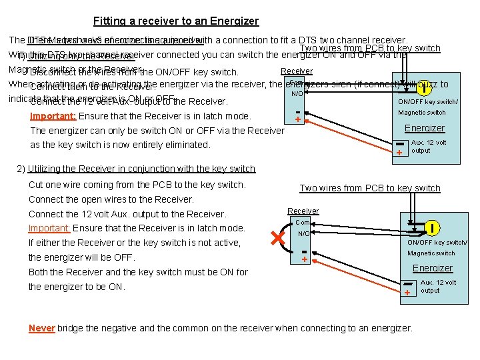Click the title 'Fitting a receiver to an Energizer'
(x=176, y=21)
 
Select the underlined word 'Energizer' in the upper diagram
(x=424, y=128)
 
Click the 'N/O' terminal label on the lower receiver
(x=303, y=234)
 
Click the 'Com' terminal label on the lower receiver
(x=303, y=223)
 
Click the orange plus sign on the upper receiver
(x=297, y=120)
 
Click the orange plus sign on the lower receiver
(x=304, y=259)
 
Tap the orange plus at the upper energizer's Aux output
(x=399, y=153)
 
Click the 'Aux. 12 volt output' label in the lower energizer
(x=438, y=287)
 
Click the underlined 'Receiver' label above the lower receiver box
(x=303, y=211)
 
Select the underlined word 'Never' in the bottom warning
(x=41, y=328)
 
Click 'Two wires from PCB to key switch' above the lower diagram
(x=370, y=189)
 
